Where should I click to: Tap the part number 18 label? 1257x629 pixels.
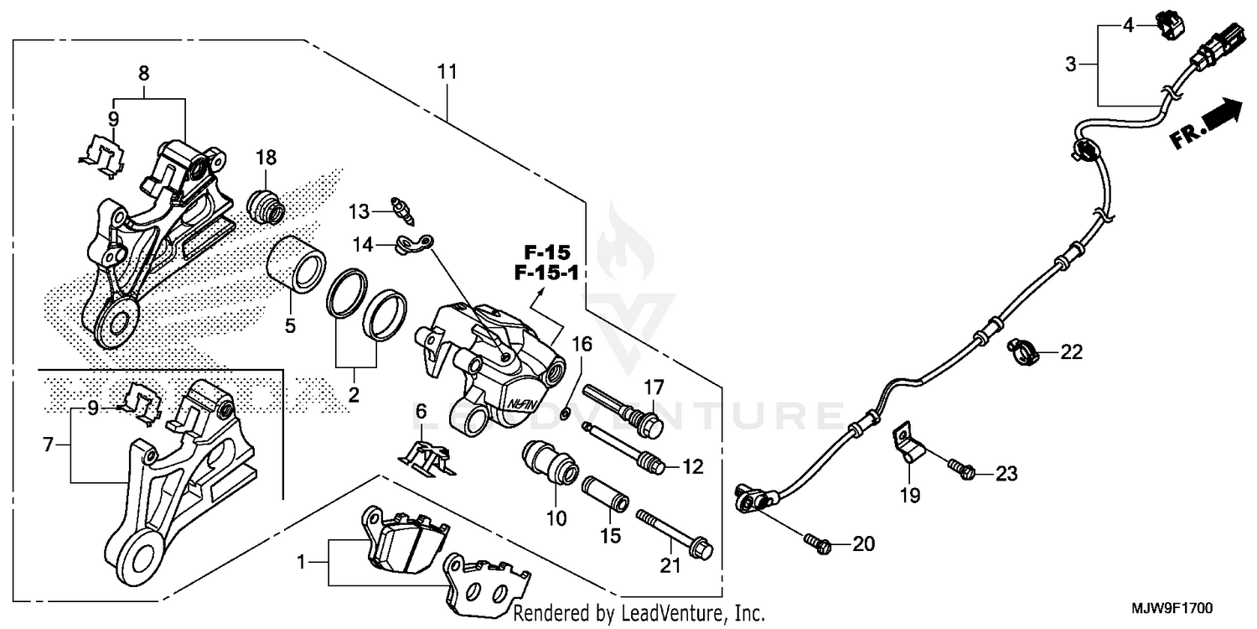pyautogui.click(x=266, y=158)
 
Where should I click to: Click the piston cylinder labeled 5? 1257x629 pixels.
pyautogui.click(x=295, y=264)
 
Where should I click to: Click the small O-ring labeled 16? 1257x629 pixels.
pyautogui.click(x=568, y=411)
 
